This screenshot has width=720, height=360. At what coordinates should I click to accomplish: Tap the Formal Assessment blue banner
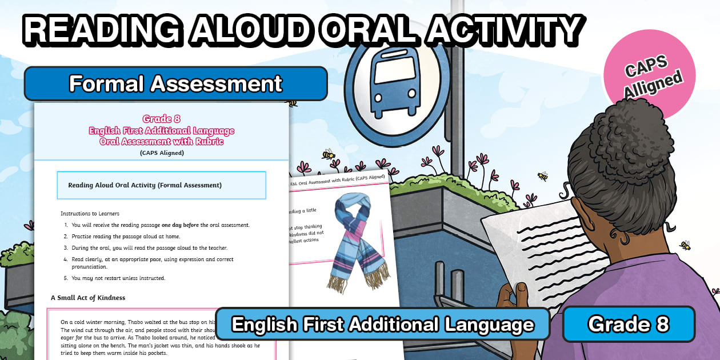175,83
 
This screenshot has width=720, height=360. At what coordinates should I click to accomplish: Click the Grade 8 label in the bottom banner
629,324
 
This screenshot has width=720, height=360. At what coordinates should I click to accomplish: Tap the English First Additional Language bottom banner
382,325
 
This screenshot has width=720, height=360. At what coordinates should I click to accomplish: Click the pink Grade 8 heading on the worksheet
162,119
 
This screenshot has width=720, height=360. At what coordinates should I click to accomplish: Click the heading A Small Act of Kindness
88,298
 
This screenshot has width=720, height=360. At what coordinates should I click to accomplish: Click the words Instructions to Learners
90,213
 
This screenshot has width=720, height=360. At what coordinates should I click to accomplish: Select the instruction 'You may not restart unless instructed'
118,278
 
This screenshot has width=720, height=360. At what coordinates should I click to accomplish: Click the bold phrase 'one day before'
181,225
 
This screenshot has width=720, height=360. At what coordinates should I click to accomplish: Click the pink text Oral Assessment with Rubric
162,141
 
